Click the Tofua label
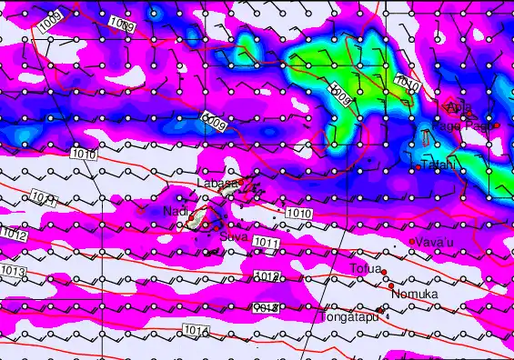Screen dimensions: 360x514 (x=365, y=269)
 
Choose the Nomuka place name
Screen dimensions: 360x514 (x=415, y=295)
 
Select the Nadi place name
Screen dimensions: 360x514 (x=175, y=211)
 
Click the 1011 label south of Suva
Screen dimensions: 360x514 (x=266, y=243)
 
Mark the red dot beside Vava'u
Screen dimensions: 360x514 (x=411, y=242)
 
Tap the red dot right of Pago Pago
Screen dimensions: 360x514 (x=497, y=125)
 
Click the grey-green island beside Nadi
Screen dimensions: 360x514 (x=194, y=220)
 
